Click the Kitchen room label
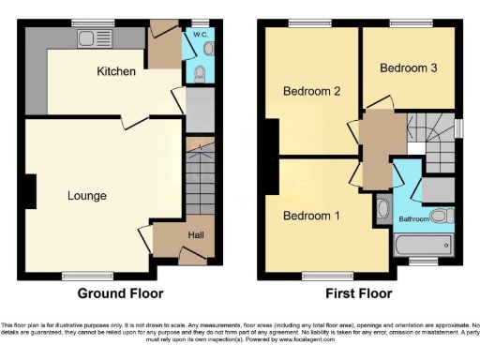point(116,71)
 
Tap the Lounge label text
point(86,196)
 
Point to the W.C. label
point(200,35)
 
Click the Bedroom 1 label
point(312,215)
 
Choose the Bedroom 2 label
point(310,91)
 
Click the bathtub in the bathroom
point(424,247)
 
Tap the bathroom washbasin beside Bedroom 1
point(383,208)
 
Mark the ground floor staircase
point(200,183)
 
